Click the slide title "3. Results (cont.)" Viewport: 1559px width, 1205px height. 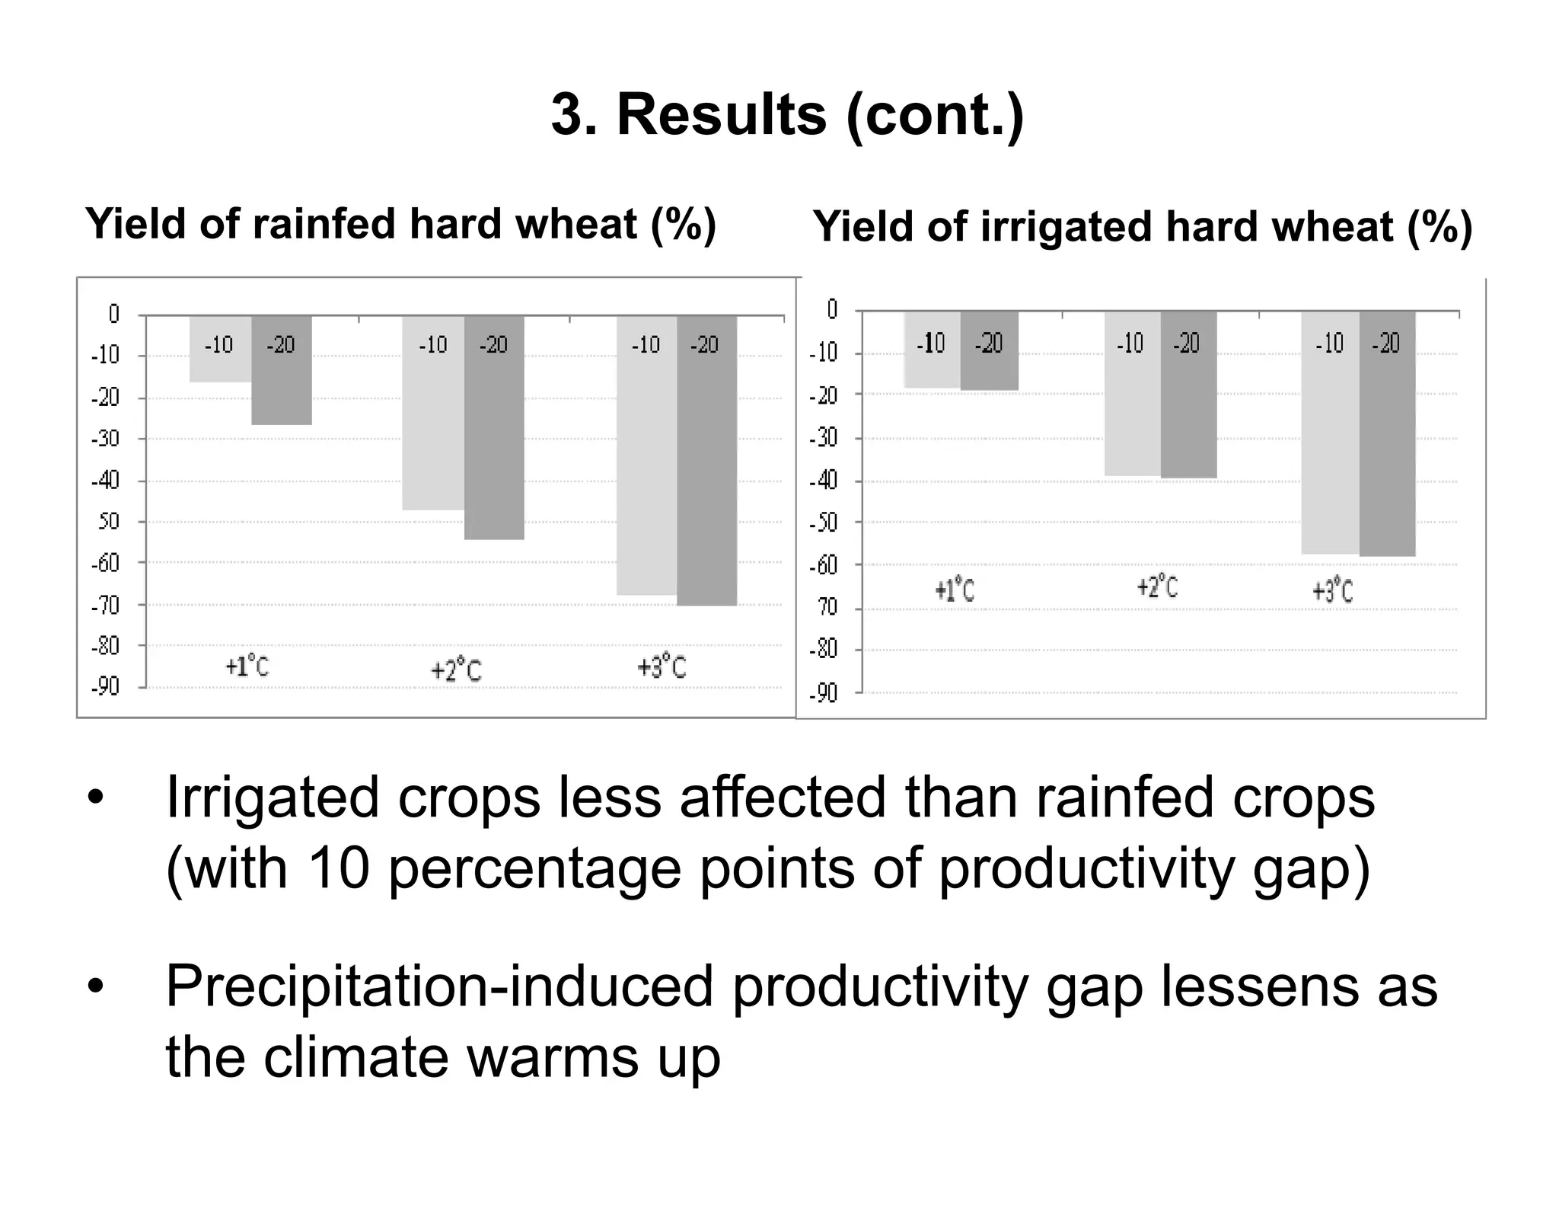point(787,115)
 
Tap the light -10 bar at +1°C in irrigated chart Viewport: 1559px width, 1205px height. point(932,366)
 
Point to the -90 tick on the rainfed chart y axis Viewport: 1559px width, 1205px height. point(106,687)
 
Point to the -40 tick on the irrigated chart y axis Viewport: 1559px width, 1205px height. point(823,481)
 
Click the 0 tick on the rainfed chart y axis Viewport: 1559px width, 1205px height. point(114,314)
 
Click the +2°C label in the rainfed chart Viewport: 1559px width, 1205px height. point(456,670)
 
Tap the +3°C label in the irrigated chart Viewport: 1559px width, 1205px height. point(1333,592)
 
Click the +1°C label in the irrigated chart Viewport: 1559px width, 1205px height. point(955,590)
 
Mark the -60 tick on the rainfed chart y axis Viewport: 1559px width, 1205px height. point(106,564)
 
